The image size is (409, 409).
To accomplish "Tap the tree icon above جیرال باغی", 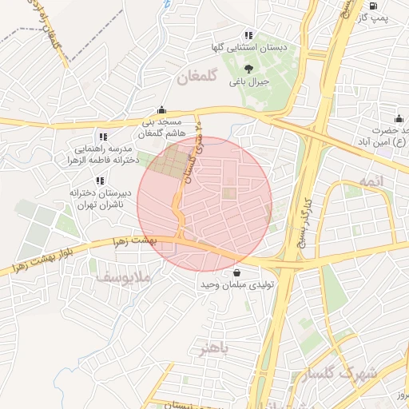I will [249, 69].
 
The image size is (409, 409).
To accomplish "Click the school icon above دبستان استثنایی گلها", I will [248, 35].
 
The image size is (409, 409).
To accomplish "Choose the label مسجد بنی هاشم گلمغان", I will [161, 127].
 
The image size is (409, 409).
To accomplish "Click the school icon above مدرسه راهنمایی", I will [102, 137].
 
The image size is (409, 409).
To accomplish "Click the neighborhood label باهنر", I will [216, 350].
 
